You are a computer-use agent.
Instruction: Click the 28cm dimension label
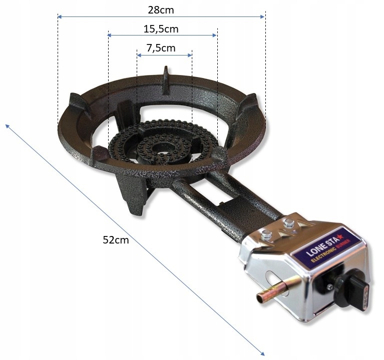click(161, 9)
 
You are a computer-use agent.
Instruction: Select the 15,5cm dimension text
click(161, 29)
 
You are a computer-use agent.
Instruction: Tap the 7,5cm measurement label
click(161, 48)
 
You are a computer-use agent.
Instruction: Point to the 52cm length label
click(116, 239)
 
